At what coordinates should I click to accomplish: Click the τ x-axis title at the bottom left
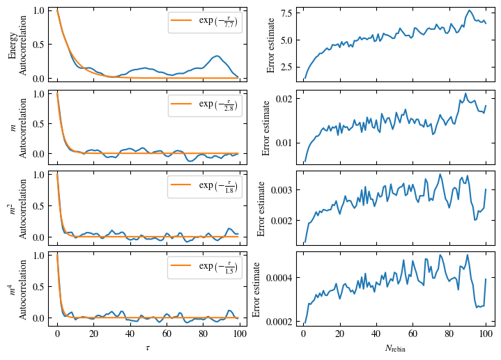click(x=147, y=347)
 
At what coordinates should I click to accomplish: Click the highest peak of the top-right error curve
click(x=470, y=10)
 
